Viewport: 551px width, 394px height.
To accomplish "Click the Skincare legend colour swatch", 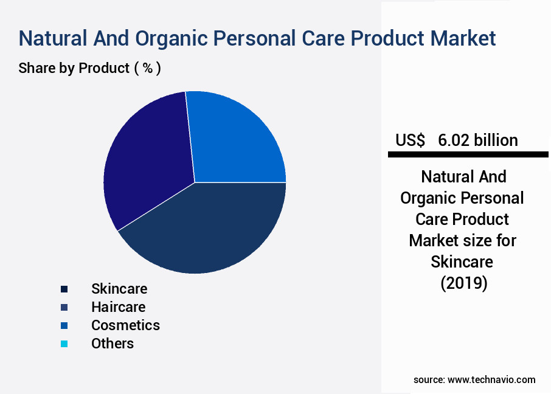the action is pos(64,289).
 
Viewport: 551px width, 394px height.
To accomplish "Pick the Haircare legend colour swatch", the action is pos(64,308).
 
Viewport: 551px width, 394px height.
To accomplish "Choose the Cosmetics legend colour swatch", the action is pos(64,326).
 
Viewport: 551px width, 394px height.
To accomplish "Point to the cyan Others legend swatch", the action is pos(64,344).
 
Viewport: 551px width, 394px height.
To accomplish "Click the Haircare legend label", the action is pos(119,307).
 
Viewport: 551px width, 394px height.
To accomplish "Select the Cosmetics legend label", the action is pos(125,325).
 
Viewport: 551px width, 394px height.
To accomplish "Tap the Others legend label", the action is pos(113,344).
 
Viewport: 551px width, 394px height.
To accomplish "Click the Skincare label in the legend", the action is pos(119,289).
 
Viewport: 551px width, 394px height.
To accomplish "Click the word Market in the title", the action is pos(463,38).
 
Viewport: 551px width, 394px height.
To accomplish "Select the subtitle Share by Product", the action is pos(74,68).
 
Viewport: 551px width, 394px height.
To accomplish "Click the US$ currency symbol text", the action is pos(410,140).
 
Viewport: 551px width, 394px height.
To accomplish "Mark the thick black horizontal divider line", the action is pos(468,154).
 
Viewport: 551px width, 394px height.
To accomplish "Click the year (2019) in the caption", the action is pos(464,283).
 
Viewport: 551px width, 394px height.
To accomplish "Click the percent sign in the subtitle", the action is pos(148,68).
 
